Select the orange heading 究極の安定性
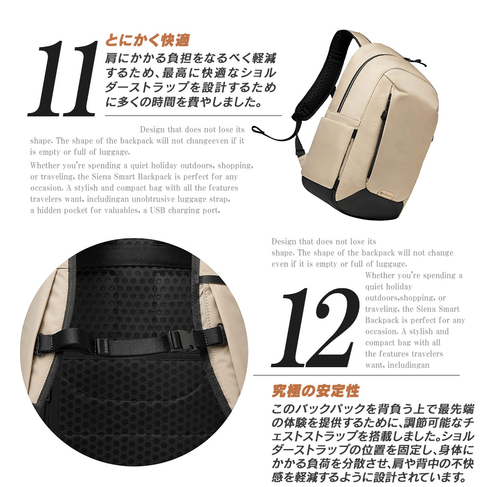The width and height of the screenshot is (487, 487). coord(315,391)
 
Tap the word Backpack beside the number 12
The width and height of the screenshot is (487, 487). coord(382,320)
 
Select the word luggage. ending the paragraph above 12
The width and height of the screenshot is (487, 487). coord(393,264)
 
